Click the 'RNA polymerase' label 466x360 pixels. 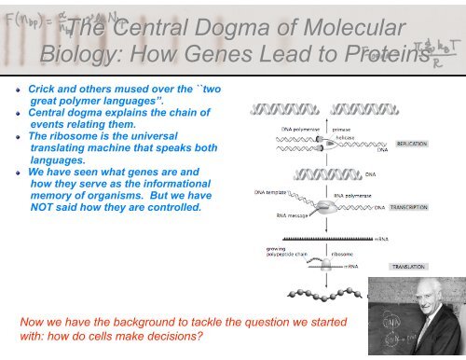[x=353, y=196]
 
